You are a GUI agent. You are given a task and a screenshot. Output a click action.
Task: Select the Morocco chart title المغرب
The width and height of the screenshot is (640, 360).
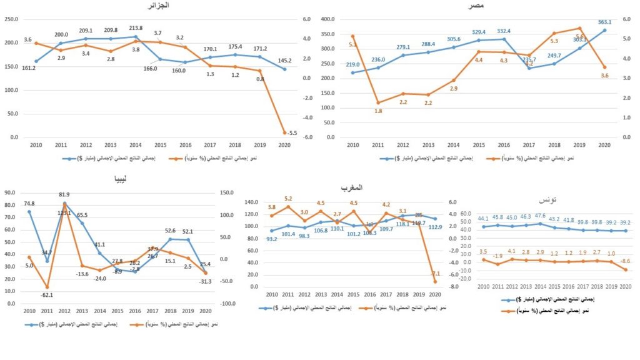pos(352,187)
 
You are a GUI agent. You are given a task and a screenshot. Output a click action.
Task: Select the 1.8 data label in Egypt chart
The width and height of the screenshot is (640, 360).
pos(378,111)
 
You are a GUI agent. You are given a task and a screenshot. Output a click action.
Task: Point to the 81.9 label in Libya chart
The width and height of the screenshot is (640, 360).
pos(64,194)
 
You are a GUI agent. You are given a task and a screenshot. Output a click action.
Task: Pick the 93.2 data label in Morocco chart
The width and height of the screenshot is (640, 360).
pos(272,239)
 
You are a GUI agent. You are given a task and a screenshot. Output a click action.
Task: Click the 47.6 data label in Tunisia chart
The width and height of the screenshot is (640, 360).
pos(540,216)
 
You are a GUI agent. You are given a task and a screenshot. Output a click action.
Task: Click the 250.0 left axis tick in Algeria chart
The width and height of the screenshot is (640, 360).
pos(11,19)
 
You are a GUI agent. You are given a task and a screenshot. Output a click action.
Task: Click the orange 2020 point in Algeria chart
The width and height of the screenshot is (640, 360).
pos(284,132)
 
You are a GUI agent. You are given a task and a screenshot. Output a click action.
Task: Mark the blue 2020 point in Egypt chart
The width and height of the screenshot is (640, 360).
pos(604,30)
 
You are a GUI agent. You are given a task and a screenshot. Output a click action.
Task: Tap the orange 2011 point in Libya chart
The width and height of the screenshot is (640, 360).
pos(48,287)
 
